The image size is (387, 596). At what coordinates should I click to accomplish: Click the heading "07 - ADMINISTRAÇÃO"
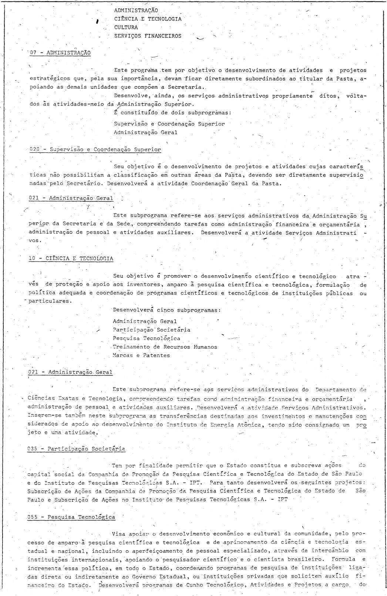(x=60, y=53)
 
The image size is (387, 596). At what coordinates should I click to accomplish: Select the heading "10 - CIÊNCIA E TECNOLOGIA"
(x=71, y=258)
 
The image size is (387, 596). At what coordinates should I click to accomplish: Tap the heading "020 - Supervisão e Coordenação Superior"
(x=95, y=150)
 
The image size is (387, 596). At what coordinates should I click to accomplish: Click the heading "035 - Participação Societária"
(x=76, y=449)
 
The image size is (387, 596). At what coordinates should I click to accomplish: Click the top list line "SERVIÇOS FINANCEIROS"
(x=148, y=36)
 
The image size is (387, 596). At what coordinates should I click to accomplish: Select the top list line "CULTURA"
(x=126, y=27)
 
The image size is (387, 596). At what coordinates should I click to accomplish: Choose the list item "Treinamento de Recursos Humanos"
(x=165, y=347)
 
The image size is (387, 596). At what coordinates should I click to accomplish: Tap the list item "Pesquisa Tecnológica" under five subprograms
(x=147, y=338)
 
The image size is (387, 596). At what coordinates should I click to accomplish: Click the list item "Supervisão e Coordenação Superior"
(x=169, y=124)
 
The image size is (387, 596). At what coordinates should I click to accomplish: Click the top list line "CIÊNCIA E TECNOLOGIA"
(x=148, y=19)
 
